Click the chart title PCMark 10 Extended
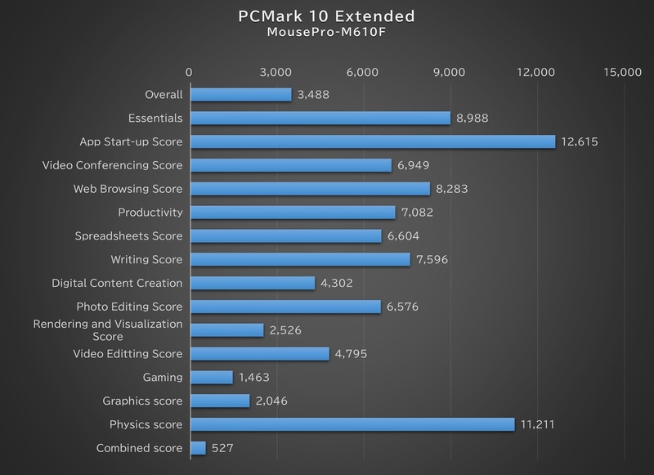[327, 16]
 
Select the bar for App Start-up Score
[372, 141]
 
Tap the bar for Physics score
[352, 424]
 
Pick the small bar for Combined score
[198, 448]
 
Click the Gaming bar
[211, 378]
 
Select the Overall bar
[240, 95]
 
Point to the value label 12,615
[580, 142]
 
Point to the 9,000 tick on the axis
[449, 72]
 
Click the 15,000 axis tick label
[621, 72]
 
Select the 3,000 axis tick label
[276, 72]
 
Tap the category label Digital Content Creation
[117, 283]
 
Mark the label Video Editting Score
[127, 354]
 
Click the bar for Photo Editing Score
[285, 307]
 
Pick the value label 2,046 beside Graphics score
[270, 401]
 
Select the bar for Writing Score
[299, 259]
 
